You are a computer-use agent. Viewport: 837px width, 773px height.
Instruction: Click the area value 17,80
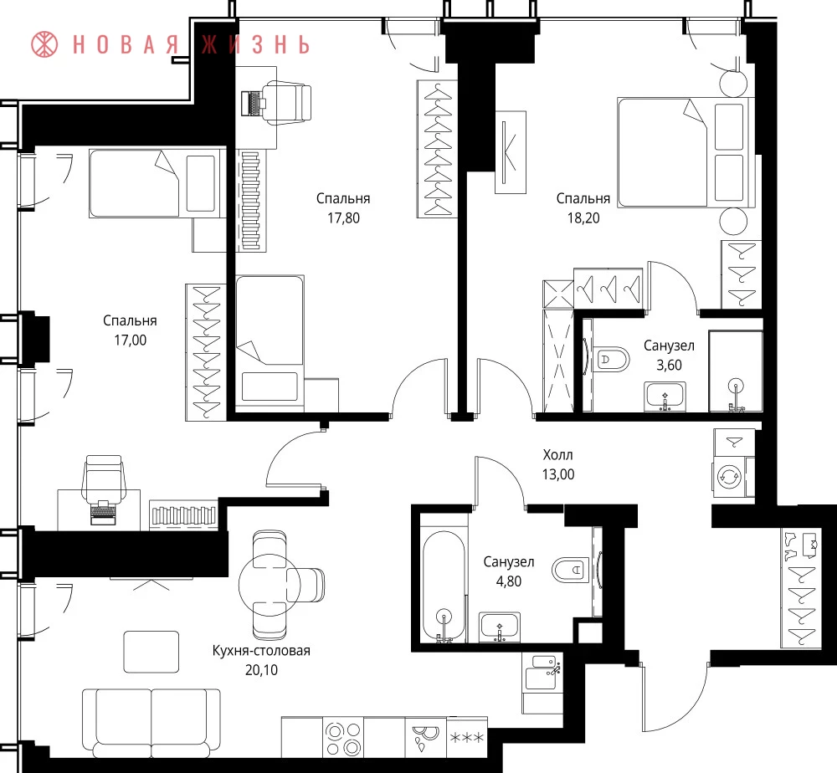coord(343,218)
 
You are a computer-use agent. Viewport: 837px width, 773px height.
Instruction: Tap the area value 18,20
coord(583,218)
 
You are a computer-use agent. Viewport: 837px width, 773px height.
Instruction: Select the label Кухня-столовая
coord(261,651)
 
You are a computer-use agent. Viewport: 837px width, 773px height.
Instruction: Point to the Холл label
coord(557,455)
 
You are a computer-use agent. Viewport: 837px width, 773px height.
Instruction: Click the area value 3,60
coord(669,366)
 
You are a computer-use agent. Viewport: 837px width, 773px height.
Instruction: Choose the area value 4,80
coord(509,581)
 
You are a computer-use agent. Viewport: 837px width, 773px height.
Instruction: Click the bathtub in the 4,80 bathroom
coord(443,586)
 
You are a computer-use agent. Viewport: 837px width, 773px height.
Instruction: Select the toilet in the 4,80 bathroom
coord(570,571)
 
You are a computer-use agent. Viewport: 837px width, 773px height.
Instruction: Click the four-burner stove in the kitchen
coord(343,739)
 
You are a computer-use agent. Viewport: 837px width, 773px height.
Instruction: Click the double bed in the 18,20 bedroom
coord(686,152)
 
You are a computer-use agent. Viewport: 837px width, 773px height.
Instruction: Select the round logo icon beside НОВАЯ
coord(45,44)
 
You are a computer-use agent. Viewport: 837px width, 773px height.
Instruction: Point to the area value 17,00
coord(131,340)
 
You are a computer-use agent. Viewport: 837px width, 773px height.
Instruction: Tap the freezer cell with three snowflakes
coord(467,738)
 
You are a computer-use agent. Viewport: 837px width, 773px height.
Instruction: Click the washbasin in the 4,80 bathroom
coord(500,627)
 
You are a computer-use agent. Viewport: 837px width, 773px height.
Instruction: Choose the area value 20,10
coord(261,670)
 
